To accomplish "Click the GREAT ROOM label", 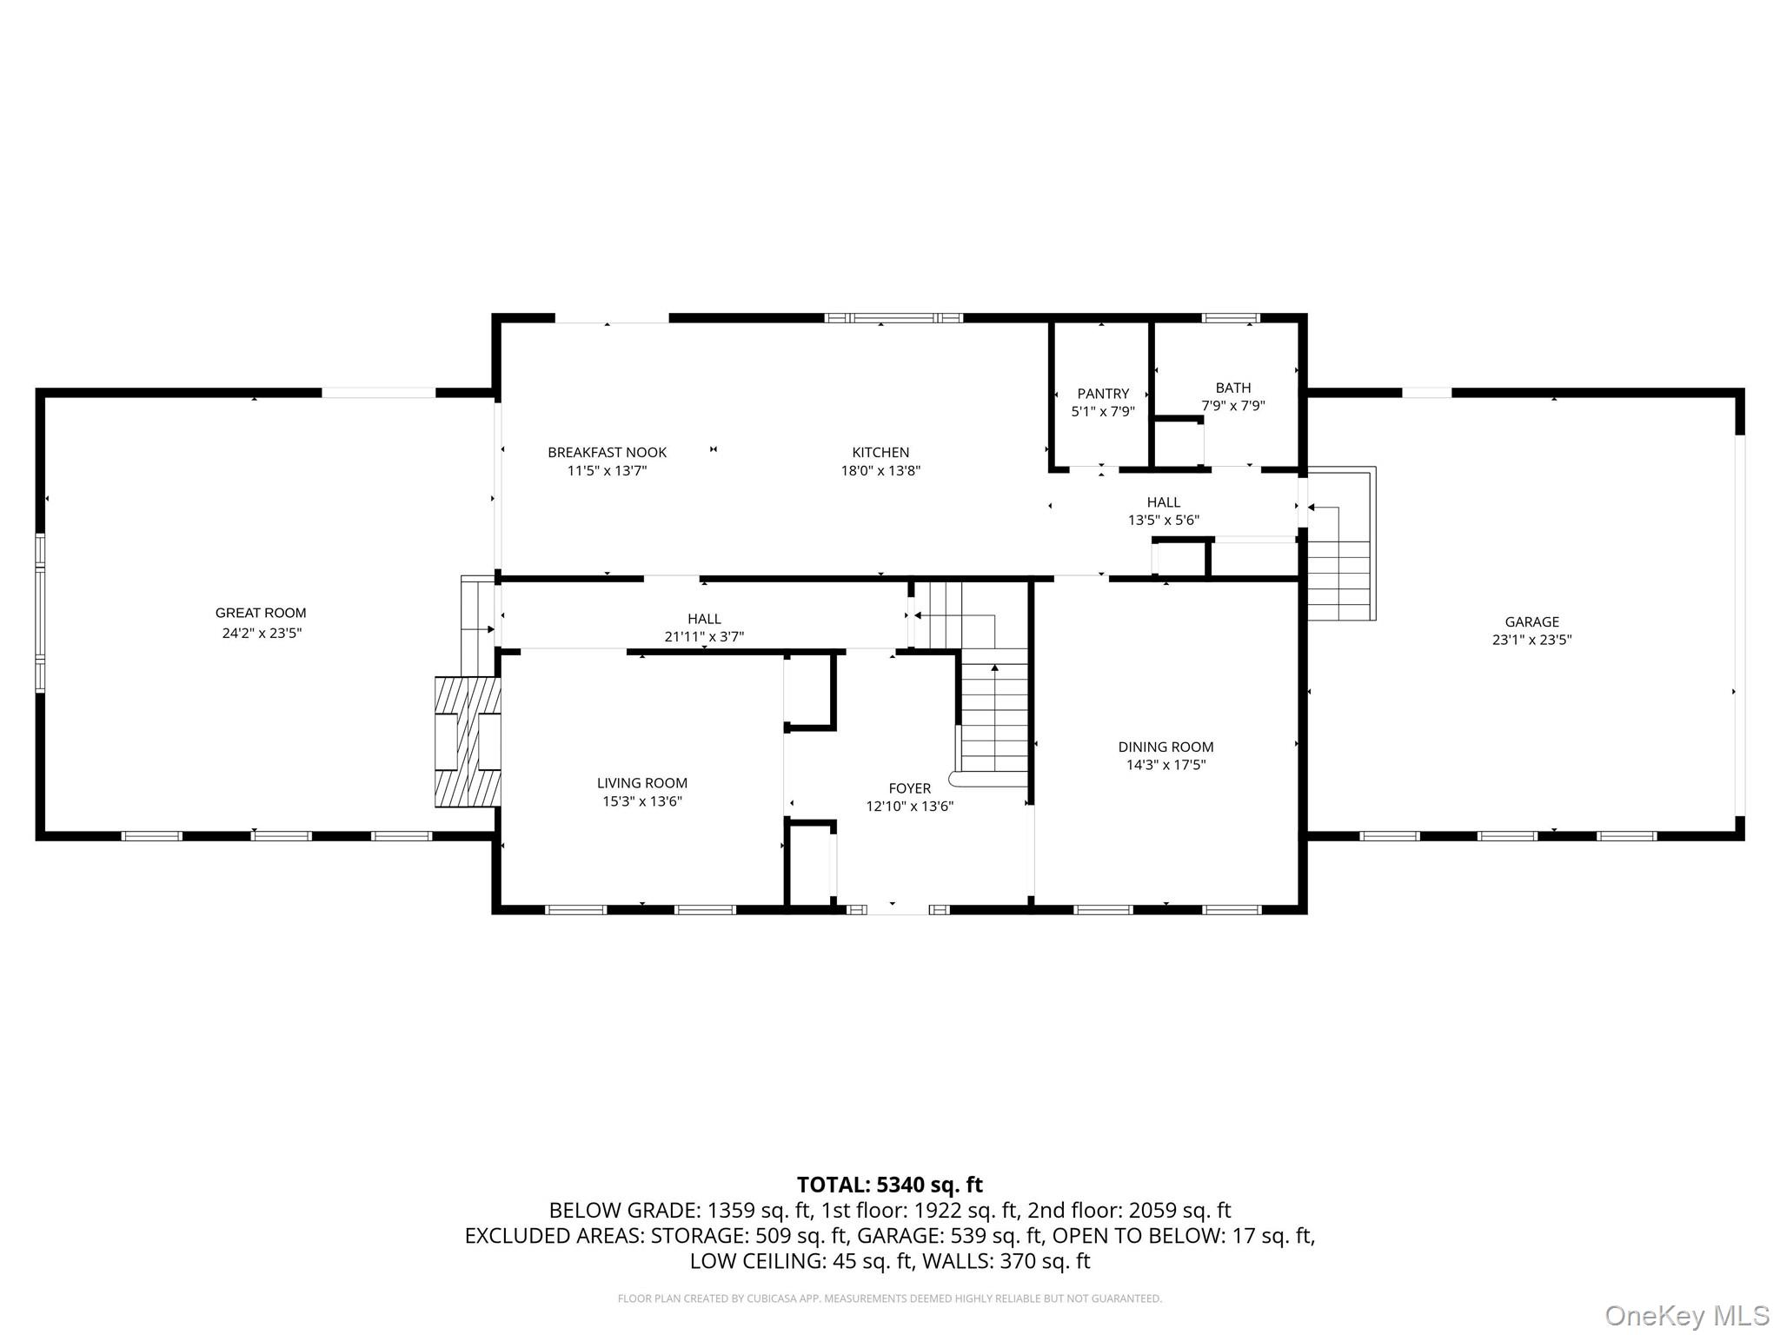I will (261, 613).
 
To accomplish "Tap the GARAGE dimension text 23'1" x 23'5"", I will (1531, 640).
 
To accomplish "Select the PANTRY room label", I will (1103, 394).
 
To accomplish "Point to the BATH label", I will (1232, 388).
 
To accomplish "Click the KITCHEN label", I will (880, 452).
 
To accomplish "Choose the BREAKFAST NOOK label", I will (607, 452).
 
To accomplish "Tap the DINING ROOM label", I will (1166, 747).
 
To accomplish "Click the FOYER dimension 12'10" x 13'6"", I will (909, 807).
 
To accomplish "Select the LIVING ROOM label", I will (641, 783).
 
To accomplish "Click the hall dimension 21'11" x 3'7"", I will (704, 637).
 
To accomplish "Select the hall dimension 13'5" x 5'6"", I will (1163, 521).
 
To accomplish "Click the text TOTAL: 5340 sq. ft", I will (889, 1185).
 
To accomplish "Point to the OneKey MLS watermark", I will (1686, 1315).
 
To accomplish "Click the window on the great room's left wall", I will (40, 613).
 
